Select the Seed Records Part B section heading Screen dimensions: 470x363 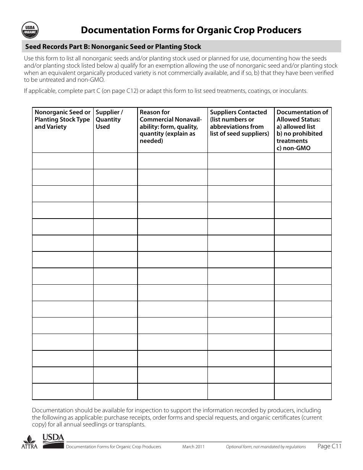(113, 47)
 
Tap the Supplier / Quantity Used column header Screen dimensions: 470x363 (109, 119)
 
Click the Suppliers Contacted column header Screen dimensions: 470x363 (240, 123)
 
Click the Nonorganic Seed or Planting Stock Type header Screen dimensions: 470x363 (63, 119)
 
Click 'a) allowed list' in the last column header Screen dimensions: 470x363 (296, 126)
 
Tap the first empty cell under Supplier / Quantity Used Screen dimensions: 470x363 (115, 161)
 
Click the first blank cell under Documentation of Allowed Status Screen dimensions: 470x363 (303, 161)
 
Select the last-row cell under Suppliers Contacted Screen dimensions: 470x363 (241, 391)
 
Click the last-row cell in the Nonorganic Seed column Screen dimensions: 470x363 (63, 391)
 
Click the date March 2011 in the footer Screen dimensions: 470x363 (193, 447)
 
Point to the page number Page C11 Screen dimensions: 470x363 (329, 446)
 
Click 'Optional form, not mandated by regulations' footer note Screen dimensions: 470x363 (266, 447)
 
